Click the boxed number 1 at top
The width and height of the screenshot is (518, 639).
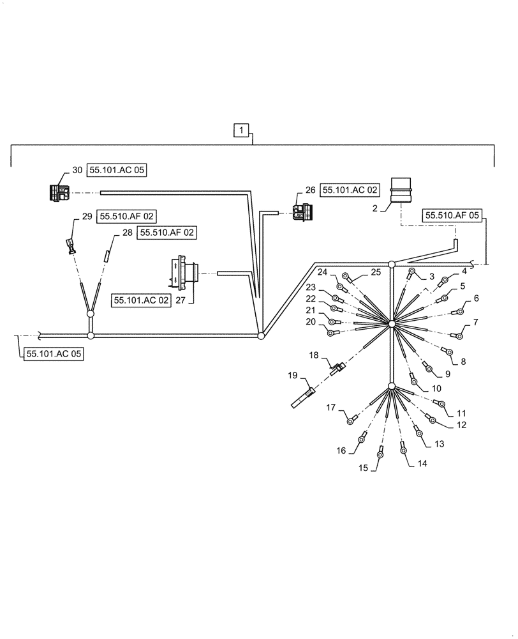[240, 132]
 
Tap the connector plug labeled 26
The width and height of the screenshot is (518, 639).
[300, 212]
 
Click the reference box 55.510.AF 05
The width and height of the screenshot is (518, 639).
[450, 217]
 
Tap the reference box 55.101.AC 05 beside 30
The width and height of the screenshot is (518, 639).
[117, 171]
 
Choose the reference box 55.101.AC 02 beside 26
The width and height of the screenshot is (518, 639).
[350, 190]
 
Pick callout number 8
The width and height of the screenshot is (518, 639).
[463, 361]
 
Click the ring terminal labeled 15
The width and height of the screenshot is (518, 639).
[380, 453]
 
